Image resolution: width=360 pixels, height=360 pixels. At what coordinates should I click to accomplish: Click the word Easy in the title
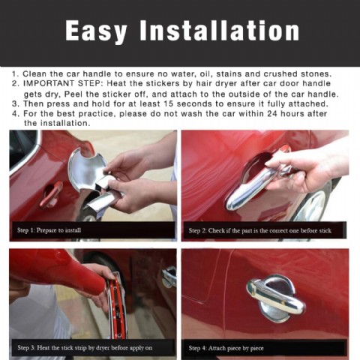coord(96,31)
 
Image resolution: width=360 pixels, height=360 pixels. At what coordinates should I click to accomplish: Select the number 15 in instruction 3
coord(168,103)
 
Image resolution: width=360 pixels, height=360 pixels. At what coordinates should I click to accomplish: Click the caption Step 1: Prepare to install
coord(49,230)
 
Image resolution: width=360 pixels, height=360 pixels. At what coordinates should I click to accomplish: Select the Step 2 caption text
coord(260,230)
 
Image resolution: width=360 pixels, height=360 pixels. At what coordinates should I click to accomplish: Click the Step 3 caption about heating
coord(85,348)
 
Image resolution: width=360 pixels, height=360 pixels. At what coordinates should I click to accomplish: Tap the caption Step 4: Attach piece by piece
coord(226,348)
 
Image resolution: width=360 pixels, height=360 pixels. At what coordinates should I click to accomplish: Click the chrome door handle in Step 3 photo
coord(169,276)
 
